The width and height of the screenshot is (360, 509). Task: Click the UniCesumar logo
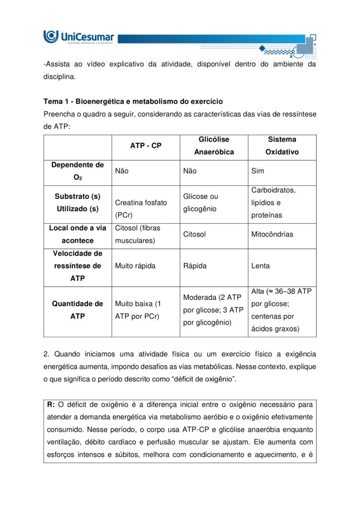79,37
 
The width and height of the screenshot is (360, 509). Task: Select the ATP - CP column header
146,146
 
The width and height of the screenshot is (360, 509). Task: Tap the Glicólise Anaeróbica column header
214,146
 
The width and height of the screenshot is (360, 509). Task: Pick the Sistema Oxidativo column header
282,146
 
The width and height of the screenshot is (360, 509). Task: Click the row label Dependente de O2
78,171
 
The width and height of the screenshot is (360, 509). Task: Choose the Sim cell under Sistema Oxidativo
258,171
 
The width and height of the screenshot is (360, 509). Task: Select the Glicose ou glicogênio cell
200,203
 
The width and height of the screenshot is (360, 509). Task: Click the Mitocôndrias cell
272,234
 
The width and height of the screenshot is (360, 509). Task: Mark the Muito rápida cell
135,266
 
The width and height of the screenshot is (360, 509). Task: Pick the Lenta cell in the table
261,266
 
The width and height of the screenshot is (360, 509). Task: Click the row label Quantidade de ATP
78,310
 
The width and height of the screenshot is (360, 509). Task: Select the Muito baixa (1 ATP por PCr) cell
137,310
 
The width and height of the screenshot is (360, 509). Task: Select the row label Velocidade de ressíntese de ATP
78,266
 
